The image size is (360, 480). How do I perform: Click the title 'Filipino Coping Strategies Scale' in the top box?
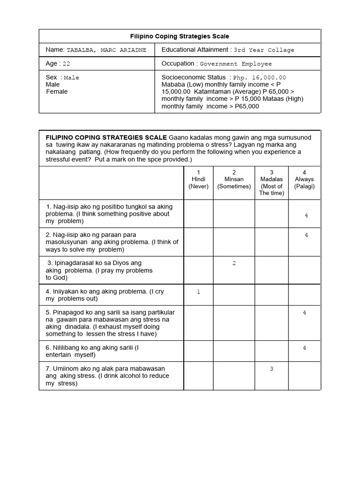click(180, 36)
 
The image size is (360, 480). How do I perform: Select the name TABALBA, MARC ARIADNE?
click(106, 50)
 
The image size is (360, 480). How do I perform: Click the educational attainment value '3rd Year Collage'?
click(264, 50)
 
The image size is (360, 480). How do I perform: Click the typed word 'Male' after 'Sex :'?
click(71, 78)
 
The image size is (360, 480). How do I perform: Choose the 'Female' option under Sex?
click(57, 91)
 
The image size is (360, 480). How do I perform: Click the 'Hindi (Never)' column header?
click(198, 180)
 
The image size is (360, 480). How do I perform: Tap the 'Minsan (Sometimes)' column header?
click(234, 180)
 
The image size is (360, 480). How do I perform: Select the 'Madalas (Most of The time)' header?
click(271, 183)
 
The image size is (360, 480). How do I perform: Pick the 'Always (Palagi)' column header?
click(304, 180)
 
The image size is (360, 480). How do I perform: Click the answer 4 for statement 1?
click(306, 215)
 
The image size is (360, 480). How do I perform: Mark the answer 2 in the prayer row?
click(234, 263)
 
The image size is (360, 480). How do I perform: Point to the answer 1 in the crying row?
click(198, 292)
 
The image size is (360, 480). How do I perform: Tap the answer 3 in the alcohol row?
click(271, 369)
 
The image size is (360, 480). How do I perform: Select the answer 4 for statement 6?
click(304, 348)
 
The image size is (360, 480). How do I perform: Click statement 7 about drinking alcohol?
click(107, 376)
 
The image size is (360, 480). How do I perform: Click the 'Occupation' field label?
click(178, 64)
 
